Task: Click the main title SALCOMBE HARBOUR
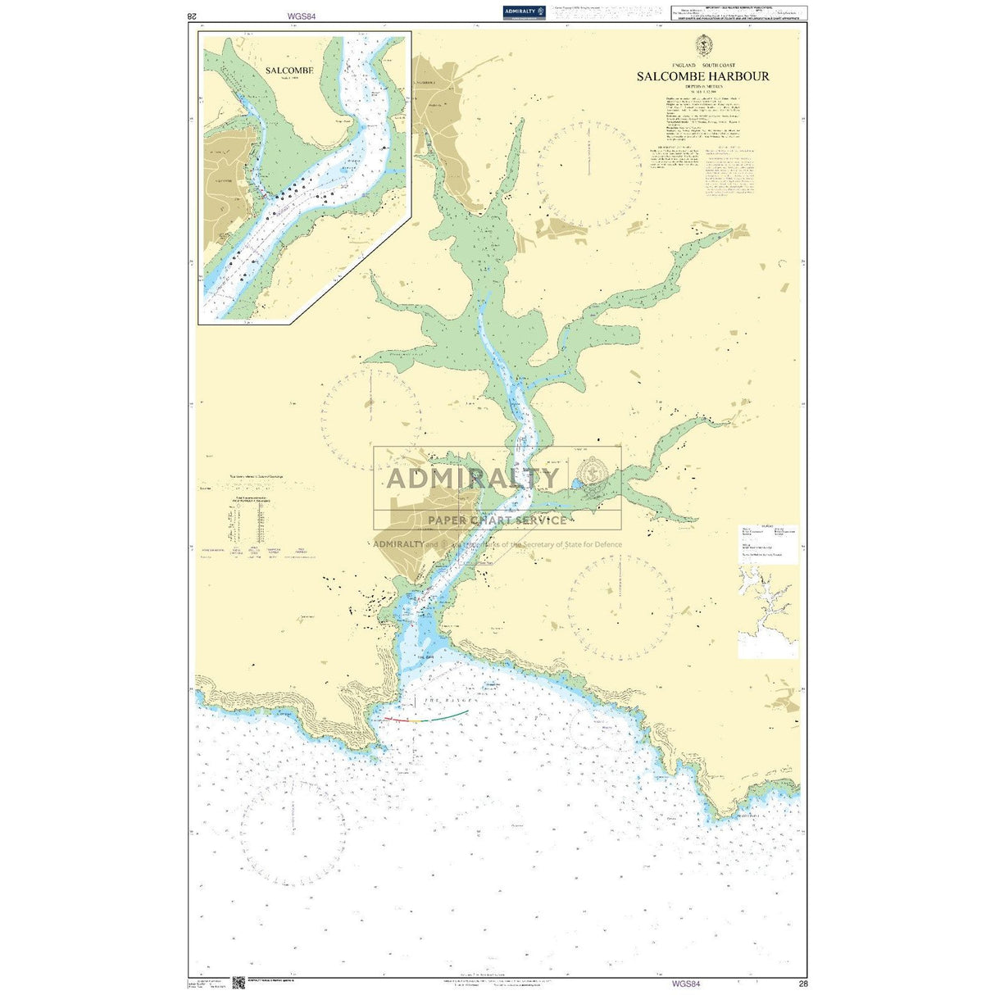point(703,76)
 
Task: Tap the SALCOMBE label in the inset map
point(289,70)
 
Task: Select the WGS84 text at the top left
point(302,16)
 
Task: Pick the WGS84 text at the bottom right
point(686,984)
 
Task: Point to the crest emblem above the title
point(703,45)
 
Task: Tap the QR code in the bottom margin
point(239,983)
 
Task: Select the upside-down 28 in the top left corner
point(193,16)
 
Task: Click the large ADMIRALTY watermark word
point(473,478)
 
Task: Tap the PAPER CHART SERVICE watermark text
point(497,520)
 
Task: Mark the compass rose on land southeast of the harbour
point(620,607)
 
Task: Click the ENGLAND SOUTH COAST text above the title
point(703,65)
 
